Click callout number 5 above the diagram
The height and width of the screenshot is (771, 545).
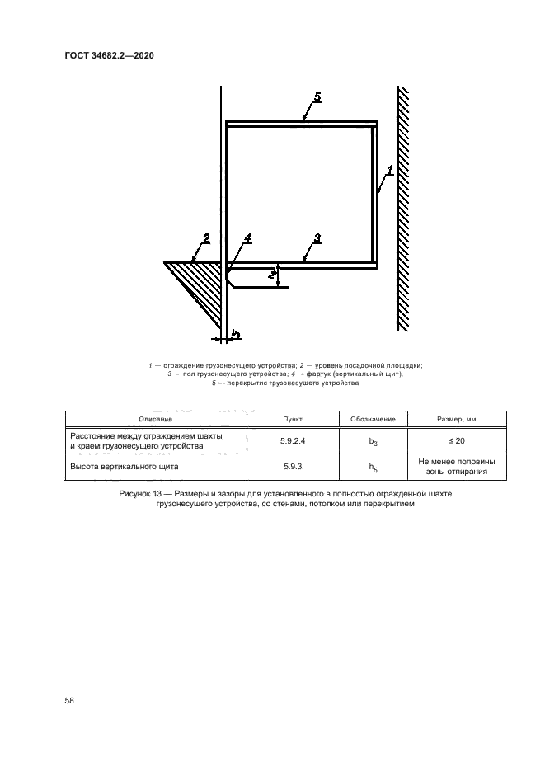(317, 97)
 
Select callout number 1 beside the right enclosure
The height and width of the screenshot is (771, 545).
(389, 172)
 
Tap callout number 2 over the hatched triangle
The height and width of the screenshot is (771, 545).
(206, 239)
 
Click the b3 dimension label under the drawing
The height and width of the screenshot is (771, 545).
(236, 333)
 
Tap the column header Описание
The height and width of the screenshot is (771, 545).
(156, 420)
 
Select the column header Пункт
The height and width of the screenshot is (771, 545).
(292, 420)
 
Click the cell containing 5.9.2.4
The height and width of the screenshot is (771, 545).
(292, 441)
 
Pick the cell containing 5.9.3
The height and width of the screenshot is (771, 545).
(292, 468)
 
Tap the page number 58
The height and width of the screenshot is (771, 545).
(69, 701)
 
